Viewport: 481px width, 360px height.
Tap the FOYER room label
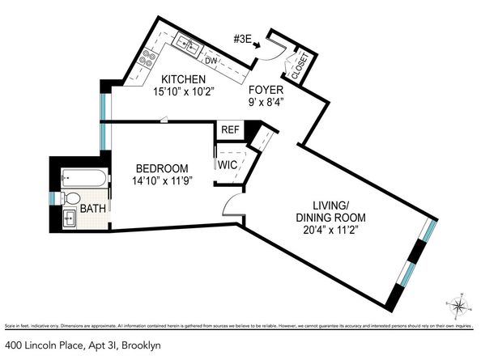[266, 89]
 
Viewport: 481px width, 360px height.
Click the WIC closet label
[226, 164]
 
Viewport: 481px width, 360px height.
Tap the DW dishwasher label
[211, 61]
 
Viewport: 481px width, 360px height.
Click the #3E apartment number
[244, 37]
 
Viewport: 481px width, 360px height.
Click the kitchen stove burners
[149, 57]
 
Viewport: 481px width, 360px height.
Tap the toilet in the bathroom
[70, 198]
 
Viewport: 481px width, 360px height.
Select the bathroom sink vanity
[70, 217]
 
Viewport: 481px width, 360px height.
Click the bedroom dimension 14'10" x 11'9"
[162, 181]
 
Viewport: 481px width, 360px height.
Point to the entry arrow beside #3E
[259, 46]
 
